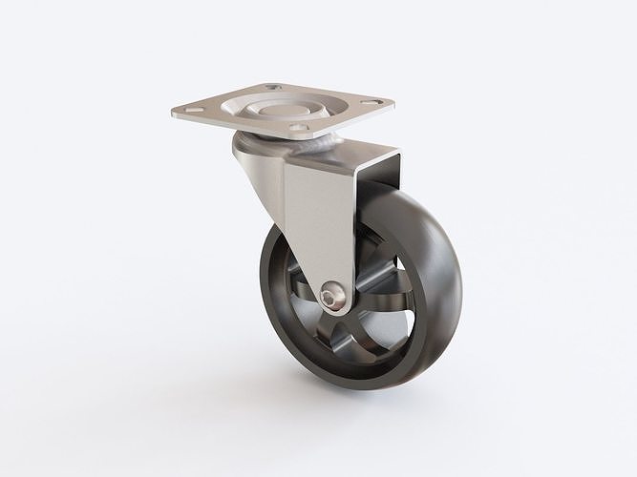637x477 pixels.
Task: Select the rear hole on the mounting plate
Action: click(273, 88)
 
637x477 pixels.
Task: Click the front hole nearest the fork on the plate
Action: click(299, 126)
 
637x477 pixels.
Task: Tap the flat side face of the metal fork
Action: click(320, 219)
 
